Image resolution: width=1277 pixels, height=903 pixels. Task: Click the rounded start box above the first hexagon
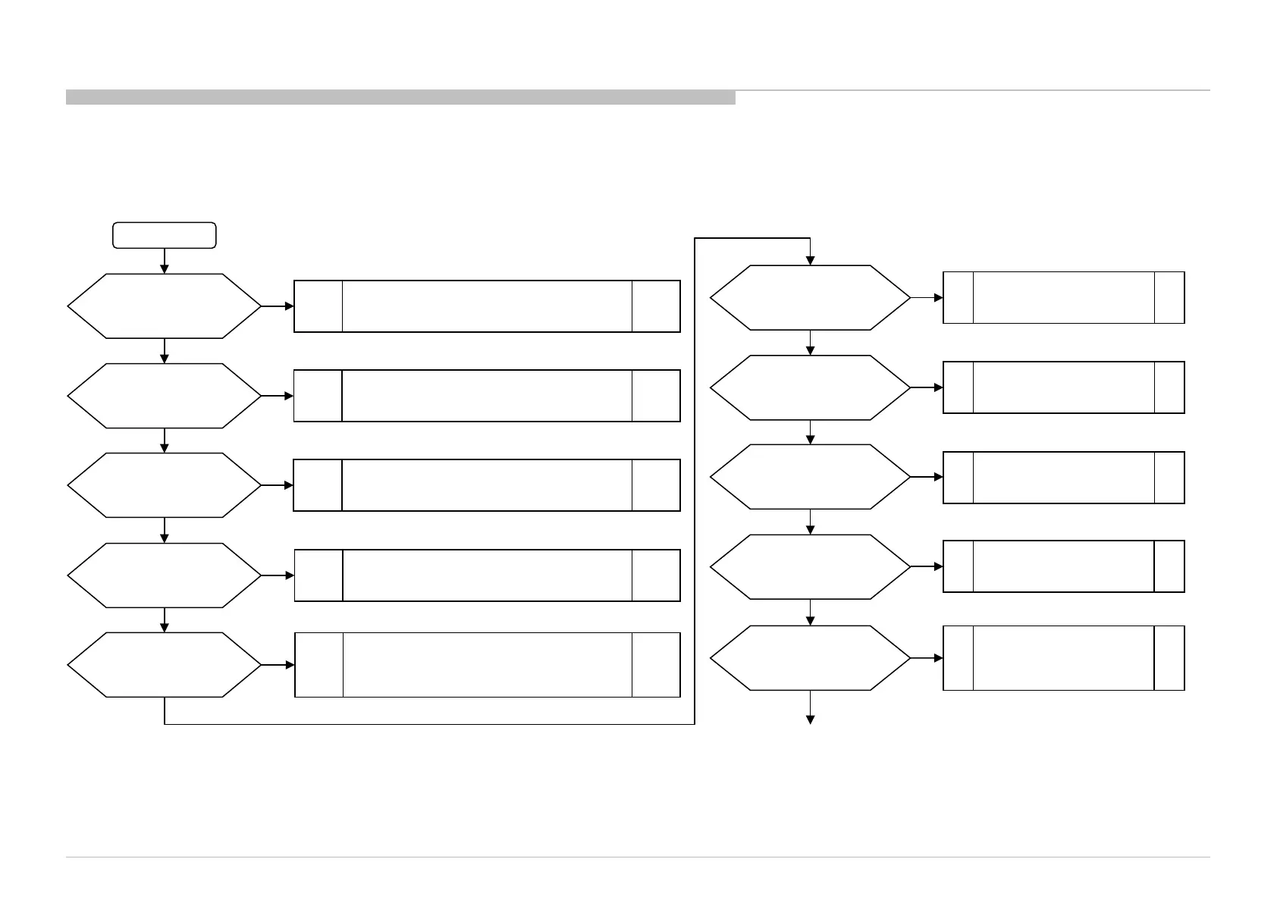coord(164,235)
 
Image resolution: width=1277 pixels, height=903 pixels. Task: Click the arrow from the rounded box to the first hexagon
coord(164,261)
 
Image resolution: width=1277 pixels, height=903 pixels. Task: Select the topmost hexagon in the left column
coord(164,306)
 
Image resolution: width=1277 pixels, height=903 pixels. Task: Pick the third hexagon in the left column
coord(164,485)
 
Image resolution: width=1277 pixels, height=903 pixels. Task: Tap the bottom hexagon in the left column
coord(164,665)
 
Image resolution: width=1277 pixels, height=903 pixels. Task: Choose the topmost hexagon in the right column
coord(810,298)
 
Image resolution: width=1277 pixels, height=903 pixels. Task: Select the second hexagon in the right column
coord(810,387)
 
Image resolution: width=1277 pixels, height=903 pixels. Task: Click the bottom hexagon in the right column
coord(810,658)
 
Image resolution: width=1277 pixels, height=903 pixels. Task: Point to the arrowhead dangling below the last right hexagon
coord(810,719)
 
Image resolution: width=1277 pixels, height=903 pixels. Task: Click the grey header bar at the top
coord(400,97)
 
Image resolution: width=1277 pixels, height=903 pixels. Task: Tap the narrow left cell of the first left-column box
coord(318,306)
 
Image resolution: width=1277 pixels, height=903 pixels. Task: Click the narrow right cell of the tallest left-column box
coord(656,665)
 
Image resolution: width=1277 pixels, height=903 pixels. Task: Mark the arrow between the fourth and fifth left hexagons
coord(164,620)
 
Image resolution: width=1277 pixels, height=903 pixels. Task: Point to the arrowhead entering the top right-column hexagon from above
coord(810,260)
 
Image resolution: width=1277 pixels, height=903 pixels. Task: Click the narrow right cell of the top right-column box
coord(1169,298)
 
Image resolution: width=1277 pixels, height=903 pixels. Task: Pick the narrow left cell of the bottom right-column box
coord(959,658)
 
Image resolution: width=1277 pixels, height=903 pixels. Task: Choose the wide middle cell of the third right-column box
coord(1063,478)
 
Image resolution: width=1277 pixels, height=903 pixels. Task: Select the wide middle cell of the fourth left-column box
coord(487,575)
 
